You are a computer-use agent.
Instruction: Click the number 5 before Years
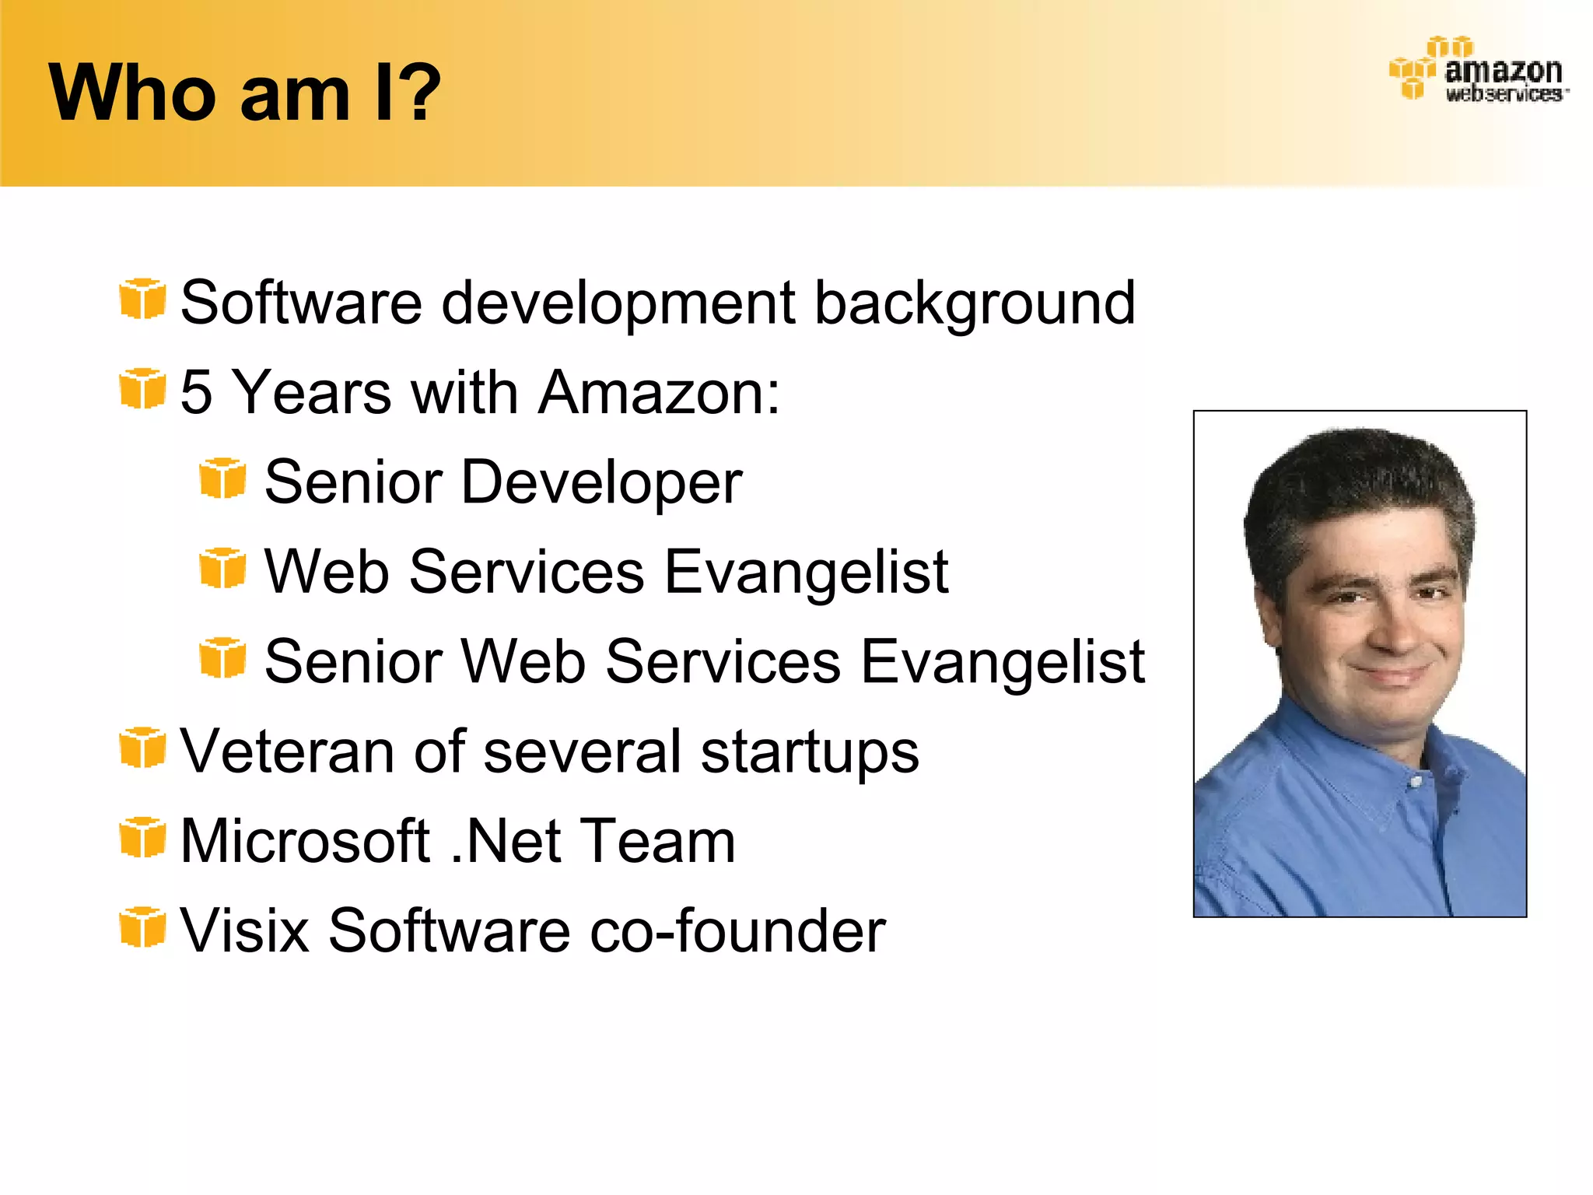click(196, 392)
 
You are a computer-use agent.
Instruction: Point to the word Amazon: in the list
click(658, 392)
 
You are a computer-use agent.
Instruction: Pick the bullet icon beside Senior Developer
click(222, 478)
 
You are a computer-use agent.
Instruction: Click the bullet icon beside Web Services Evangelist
click(222, 568)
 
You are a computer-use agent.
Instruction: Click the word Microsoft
click(305, 841)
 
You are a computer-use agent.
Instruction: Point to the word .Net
click(506, 841)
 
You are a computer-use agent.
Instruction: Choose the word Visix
click(244, 930)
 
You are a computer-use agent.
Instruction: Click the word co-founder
click(737, 930)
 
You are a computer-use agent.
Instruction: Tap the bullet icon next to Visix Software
click(142, 927)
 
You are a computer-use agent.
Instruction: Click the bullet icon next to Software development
click(142, 299)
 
